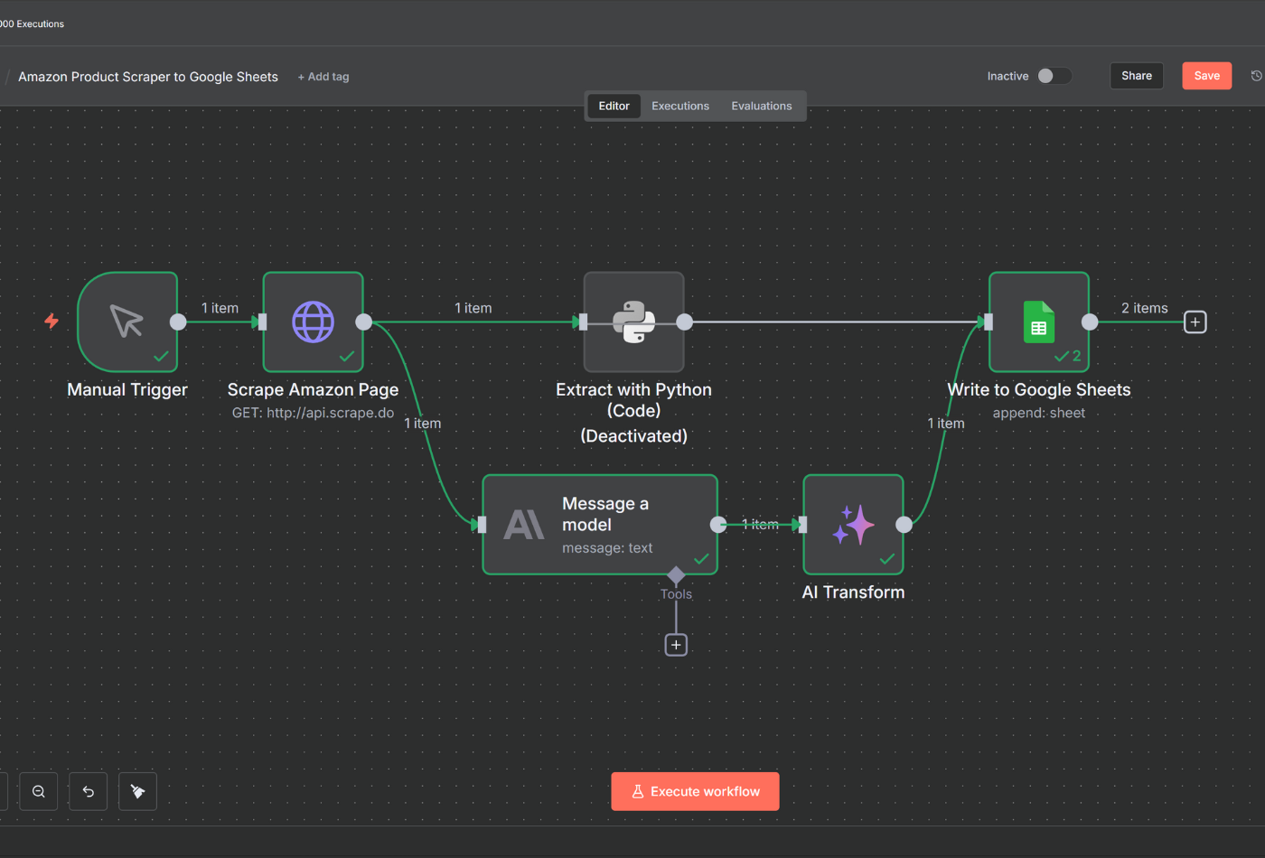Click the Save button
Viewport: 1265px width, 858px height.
(x=1206, y=76)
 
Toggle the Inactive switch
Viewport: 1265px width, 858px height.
(x=1054, y=76)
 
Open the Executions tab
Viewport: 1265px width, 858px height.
(x=680, y=106)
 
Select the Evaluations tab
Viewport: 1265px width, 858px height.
(x=761, y=106)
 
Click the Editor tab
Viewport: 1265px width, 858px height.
(x=614, y=106)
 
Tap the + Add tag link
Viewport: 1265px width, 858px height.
(x=323, y=77)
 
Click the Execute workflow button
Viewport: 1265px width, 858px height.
(x=695, y=791)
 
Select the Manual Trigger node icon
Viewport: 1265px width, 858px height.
(x=127, y=322)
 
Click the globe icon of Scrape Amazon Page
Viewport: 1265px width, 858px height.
(x=313, y=322)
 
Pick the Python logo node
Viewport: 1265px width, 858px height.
(x=633, y=322)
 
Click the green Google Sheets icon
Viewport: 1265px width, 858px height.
(x=1038, y=322)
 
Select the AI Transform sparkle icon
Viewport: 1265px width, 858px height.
(x=853, y=525)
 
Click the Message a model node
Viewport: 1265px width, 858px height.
(x=600, y=525)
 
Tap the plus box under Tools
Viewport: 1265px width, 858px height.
(x=676, y=645)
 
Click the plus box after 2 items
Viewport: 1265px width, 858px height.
(x=1195, y=322)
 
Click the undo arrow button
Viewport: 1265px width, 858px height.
(x=89, y=791)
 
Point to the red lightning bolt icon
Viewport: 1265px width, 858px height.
(x=52, y=321)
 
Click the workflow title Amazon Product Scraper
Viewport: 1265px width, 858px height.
(x=148, y=77)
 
